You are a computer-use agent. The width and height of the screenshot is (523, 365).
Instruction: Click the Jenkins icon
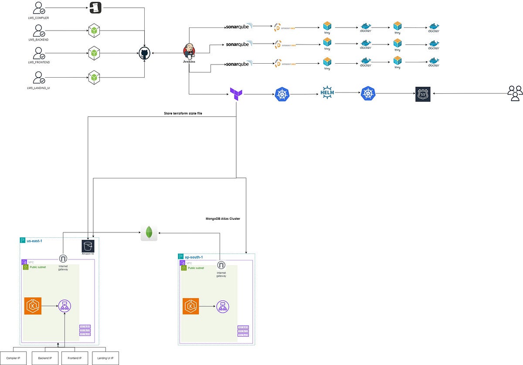[189, 51]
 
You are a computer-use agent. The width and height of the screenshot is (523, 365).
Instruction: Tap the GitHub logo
[144, 54]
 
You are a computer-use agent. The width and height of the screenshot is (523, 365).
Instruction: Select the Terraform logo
[236, 94]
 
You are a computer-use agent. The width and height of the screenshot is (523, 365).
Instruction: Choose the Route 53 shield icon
[422, 94]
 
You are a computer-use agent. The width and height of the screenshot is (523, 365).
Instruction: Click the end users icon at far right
[515, 93]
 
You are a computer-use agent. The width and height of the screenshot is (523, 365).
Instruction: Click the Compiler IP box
[14, 358]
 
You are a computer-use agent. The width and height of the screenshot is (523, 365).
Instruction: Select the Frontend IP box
[75, 358]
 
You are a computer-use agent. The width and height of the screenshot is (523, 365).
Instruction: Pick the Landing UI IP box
[105, 358]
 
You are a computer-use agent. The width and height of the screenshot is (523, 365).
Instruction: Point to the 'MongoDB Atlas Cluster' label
[223, 218]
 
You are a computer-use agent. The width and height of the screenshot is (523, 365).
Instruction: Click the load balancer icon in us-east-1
[65, 306]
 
